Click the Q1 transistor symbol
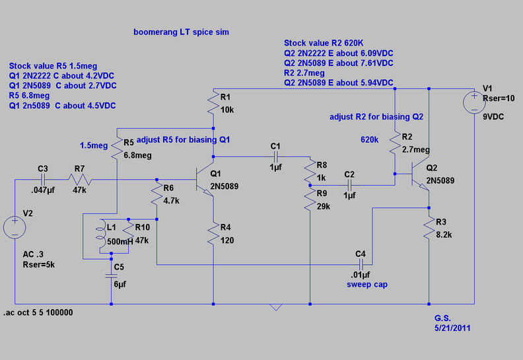click(x=205, y=180)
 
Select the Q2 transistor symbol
click(x=420, y=174)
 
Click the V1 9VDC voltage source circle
click(x=474, y=102)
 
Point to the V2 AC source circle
click(x=15, y=227)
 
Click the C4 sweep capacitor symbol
click(x=361, y=265)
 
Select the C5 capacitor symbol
click(x=111, y=276)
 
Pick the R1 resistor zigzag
click(x=213, y=103)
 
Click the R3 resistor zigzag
click(x=429, y=229)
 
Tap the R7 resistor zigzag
click(x=80, y=180)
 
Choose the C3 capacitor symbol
click(x=43, y=180)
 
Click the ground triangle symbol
click(x=276, y=307)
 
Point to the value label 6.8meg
click(x=138, y=155)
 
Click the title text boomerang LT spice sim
click(x=181, y=32)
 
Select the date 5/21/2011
click(x=452, y=328)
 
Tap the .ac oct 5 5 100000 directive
click(x=38, y=312)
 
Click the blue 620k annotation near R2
click(x=370, y=140)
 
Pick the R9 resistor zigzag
click(x=310, y=199)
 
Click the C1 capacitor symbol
click(x=276, y=157)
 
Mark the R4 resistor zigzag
click(x=213, y=234)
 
